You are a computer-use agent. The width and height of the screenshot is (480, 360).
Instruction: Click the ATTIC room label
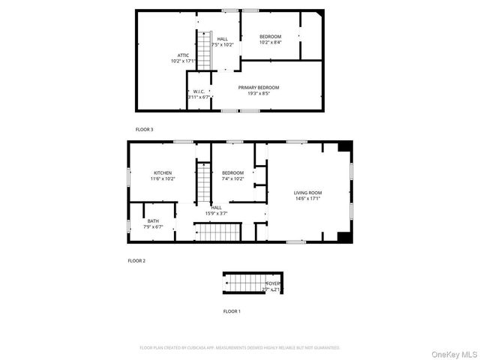pos(183,55)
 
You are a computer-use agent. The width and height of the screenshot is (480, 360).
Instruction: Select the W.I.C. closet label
pos(199,92)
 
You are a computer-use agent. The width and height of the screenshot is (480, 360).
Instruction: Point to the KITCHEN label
pos(163,172)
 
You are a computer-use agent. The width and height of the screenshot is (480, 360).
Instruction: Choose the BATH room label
pos(153,220)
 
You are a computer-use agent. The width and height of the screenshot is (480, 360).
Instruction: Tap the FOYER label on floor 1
pos(271,283)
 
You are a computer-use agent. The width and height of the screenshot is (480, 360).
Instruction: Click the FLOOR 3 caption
pos(144,130)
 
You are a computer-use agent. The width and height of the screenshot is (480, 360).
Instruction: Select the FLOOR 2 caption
pos(136,260)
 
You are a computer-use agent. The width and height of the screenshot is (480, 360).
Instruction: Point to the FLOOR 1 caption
pos(232,310)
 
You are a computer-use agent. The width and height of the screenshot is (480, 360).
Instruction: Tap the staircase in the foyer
pos(243,283)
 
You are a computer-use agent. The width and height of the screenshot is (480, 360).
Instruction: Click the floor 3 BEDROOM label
pos(270,37)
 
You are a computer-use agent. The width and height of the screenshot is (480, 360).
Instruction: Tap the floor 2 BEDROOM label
pos(232,173)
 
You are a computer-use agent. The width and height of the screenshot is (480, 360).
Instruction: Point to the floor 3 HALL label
pos(223,39)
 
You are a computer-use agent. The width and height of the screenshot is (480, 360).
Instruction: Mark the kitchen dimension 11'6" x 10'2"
pos(163,178)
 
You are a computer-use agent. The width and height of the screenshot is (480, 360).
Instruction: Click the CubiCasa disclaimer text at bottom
pos(240,348)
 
